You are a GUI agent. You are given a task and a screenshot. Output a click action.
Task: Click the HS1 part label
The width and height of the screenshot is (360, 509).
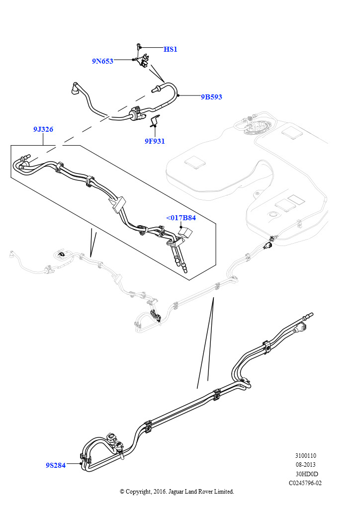click(x=171, y=49)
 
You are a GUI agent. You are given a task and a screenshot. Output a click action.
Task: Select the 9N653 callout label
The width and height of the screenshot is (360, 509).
click(x=102, y=61)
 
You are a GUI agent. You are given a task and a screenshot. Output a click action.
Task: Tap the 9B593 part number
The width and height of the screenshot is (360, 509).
click(x=211, y=97)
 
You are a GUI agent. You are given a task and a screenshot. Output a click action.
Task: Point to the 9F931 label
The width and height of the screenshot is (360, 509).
click(x=155, y=141)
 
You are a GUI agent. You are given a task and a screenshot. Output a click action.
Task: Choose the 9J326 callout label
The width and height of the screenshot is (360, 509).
click(x=43, y=129)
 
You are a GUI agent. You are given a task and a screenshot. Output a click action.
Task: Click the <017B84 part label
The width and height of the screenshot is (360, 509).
click(x=180, y=218)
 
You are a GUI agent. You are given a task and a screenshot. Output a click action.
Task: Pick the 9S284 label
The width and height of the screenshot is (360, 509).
click(x=56, y=465)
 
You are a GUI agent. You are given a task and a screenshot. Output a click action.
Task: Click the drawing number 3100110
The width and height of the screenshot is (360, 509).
click(x=305, y=456)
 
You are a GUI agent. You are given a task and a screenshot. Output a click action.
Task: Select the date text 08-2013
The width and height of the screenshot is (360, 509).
click(x=305, y=465)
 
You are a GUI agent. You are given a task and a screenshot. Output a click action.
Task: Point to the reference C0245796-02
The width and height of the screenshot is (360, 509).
click(x=305, y=483)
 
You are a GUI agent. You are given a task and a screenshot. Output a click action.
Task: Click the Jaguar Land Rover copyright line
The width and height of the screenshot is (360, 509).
click(x=177, y=492)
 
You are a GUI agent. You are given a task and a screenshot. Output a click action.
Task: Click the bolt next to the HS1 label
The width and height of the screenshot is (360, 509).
click(x=137, y=48)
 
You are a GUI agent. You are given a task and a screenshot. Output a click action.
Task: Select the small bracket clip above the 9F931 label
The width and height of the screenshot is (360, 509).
click(x=155, y=120)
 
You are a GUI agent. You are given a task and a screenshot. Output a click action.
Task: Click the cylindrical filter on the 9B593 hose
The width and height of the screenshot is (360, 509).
click(x=135, y=114)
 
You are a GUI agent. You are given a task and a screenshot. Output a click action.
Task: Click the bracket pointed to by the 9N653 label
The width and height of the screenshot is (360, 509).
click(x=144, y=61)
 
